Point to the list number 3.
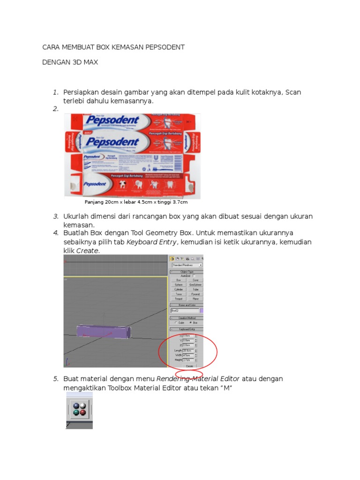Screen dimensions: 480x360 pyautogui.click(x=55, y=216)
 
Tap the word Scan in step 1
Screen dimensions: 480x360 pyautogui.click(x=293, y=92)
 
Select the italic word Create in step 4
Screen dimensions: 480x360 pyautogui.click(x=87, y=251)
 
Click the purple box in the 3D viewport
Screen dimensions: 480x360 pyautogui.click(x=103, y=332)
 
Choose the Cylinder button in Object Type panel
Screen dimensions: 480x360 pyautogui.click(x=179, y=290)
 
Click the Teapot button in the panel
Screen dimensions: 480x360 pyautogui.click(x=179, y=299)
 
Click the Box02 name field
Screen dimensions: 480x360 pyautogui.click(x=184, y=310)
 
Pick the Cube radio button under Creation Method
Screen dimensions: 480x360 pyautogui.click(x=176, y=323)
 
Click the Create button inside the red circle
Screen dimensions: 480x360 pyautogui.click(x=189, y=366)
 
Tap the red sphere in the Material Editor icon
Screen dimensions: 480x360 pyautogui.click(x=82, y=412)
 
